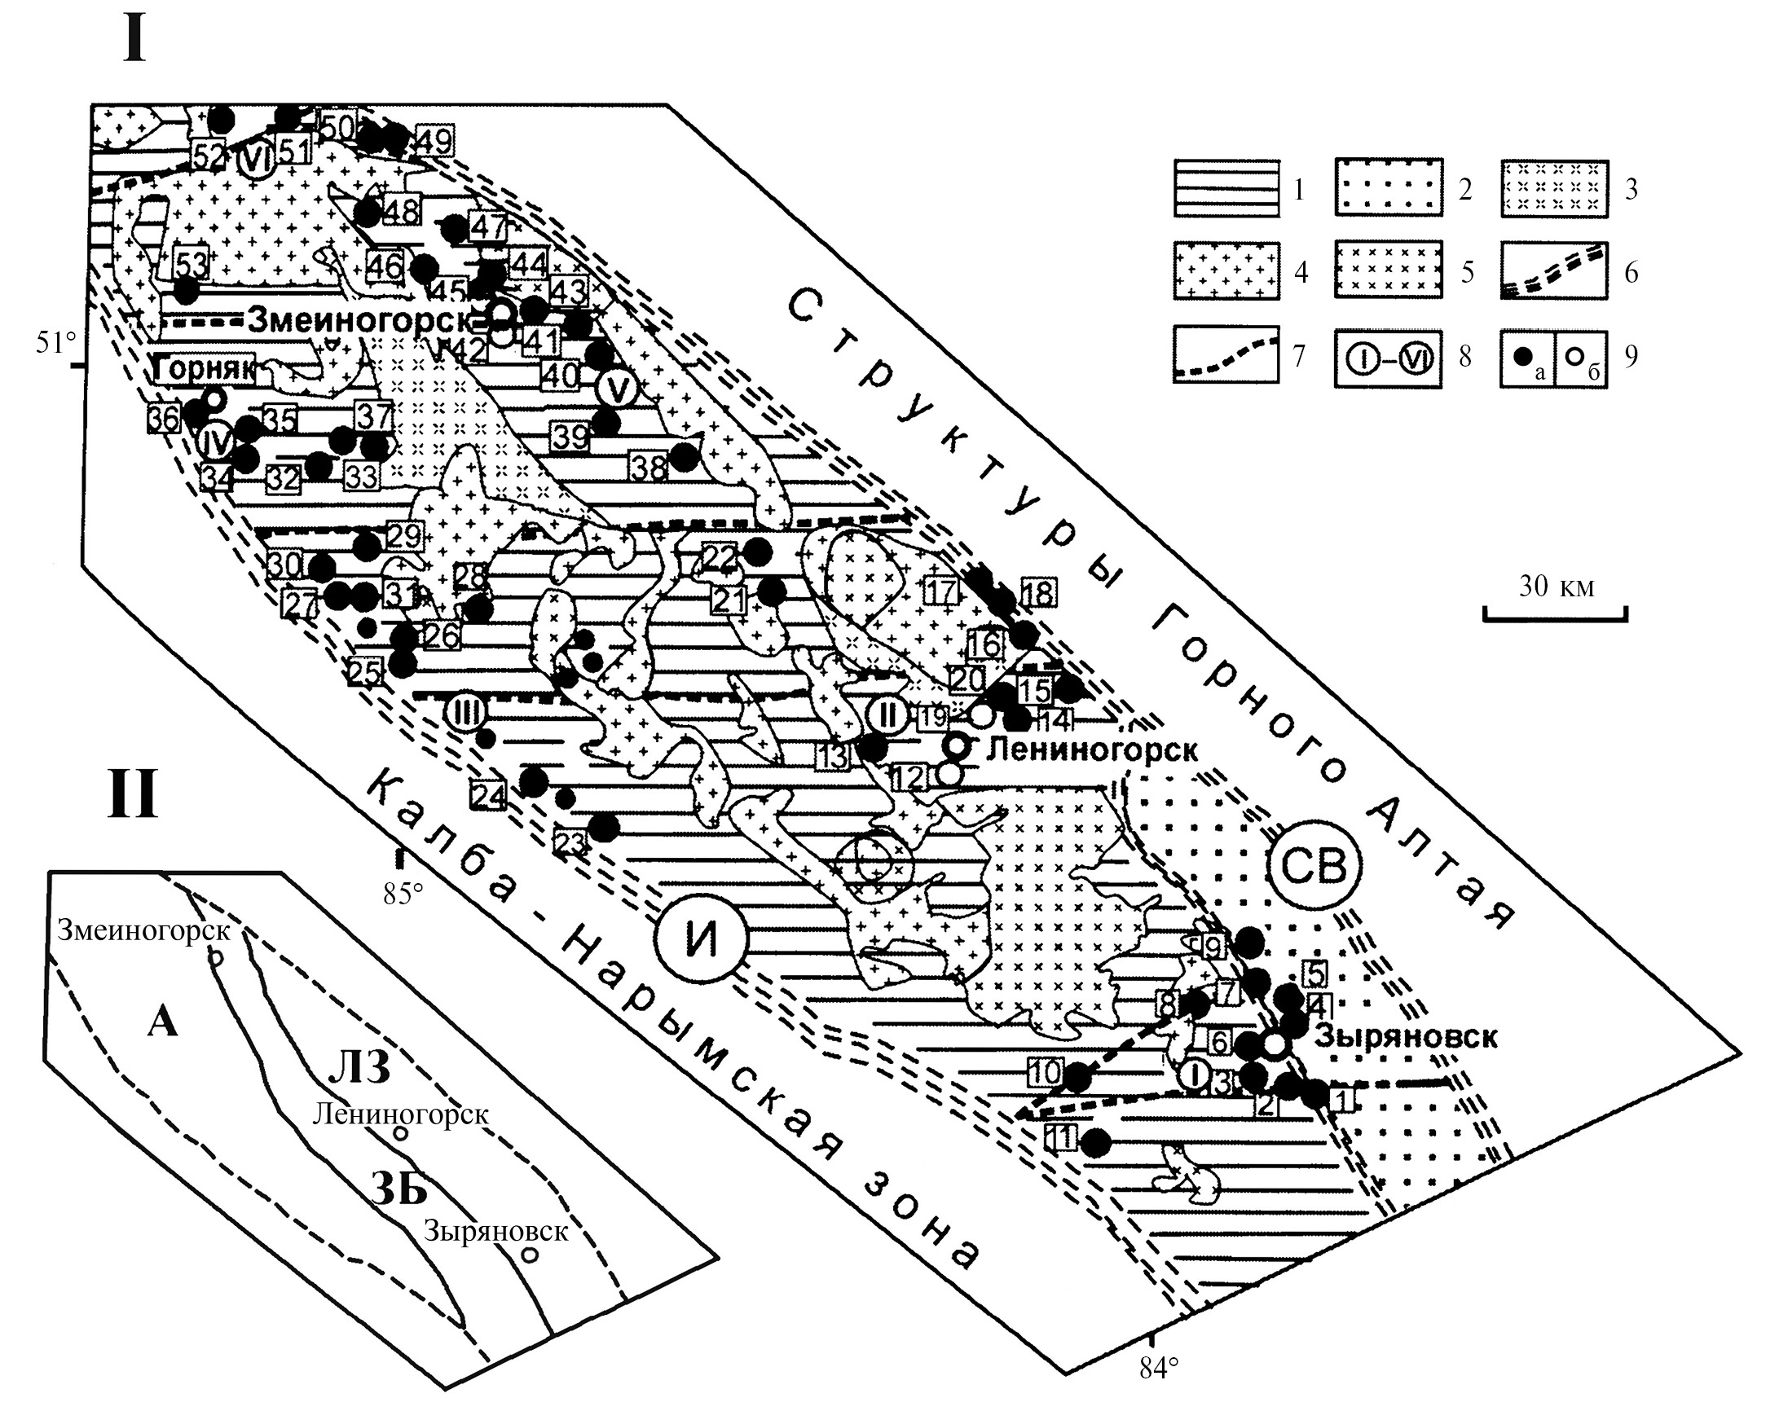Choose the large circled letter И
pos(702,940)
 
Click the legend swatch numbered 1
pos(1226,188)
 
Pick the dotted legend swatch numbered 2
pos(1388,188)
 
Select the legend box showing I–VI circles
pos(1388,357)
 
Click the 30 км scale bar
pos(1556,613)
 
